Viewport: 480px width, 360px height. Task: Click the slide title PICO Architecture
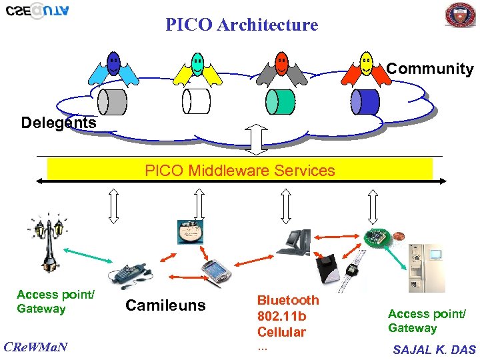[x=242, y=25]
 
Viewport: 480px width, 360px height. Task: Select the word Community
[x=430, y=69]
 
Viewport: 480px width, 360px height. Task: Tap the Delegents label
[x=59, y=123]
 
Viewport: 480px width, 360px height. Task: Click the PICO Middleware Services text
[x=240, y=171]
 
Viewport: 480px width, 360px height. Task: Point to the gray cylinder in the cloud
[x=112, y=101]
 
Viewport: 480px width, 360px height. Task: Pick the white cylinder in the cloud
[x=196, y=101]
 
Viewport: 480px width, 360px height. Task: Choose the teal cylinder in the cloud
[x=280, y=101]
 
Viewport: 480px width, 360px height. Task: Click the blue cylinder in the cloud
[x=365, y=101]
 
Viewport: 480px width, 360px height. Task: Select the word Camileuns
[x=165, y=306]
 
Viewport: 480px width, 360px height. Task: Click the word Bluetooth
[x=288, y=300]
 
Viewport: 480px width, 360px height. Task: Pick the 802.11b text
[x=281, y=316]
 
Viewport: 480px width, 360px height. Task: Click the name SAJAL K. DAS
[x=434, y=349]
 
